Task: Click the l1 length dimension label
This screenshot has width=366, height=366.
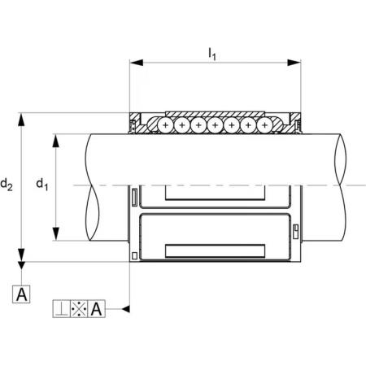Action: (212, 54)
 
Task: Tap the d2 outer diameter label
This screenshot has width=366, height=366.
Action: (7, 185)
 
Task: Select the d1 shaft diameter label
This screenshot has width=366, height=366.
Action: (42, 185)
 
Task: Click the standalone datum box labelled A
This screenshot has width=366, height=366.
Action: (21, 294)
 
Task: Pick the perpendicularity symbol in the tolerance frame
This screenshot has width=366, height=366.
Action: (61, 309)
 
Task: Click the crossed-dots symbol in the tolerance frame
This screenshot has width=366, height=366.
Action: (79, 309)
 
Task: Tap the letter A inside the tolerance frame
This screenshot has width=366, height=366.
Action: (97, 309)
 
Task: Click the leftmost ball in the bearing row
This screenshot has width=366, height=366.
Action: (165, 125)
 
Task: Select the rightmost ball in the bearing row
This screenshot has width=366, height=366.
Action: (265, 125)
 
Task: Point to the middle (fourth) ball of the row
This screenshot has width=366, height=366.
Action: (215, 125)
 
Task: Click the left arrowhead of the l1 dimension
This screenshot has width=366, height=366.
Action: (137, 63)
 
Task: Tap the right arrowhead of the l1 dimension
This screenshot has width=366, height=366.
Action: (294, 63)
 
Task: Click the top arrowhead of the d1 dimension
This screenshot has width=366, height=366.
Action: (55, 141)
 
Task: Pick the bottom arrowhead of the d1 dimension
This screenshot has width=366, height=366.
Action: (55, 233)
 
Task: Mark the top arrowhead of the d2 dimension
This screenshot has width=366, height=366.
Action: (21, 120)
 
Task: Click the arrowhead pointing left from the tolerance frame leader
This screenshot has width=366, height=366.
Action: (126, 309)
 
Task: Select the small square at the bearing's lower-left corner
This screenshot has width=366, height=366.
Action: (134, 255)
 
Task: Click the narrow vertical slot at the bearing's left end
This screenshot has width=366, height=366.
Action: (134, 197)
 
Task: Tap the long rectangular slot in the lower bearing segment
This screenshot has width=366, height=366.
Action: (215, 251)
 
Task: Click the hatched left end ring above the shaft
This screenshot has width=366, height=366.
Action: (135, 123)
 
